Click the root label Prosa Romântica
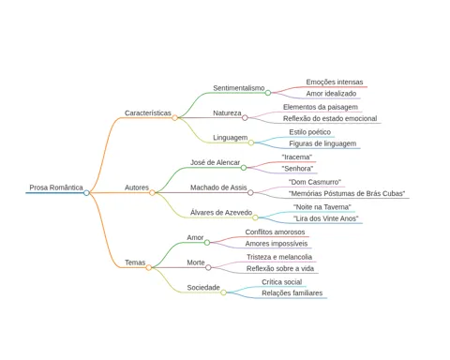coord(56,187)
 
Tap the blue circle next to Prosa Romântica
coord(86,193)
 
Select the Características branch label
coord(148,112)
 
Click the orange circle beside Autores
coord(152,193)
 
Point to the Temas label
coord(135,262)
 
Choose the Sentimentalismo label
coord(239,88)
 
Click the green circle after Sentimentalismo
coord(268,93)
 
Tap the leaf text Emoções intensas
coord(335,82)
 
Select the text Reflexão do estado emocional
coord(330,118)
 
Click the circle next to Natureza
coord(245,118)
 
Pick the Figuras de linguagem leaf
coord(322,143)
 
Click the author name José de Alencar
coord(216,162)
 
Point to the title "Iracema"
coord(297,157)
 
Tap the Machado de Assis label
coord(218,187)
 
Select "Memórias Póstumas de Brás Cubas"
coord(347,193)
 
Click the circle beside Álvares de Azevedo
coord(255,217)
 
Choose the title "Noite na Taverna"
coord(322,207)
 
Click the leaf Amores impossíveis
coord(277,244)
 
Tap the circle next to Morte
coord(208,267)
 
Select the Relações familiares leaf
coord(292,293)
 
